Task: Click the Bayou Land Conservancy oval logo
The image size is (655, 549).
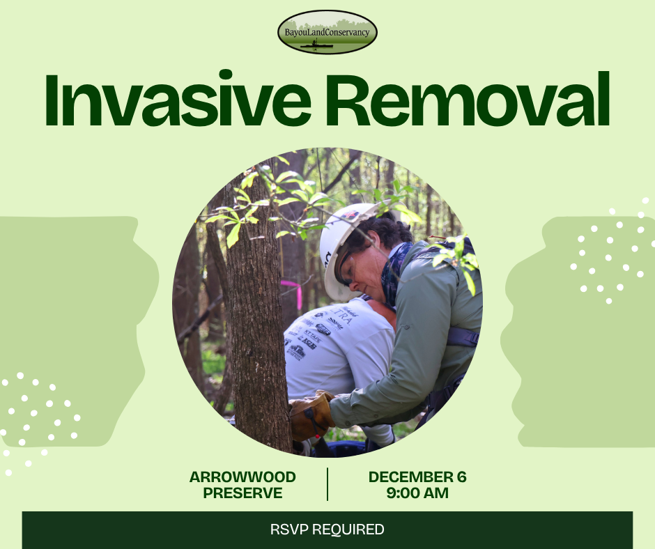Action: pyautogui.click(x=327, y=32)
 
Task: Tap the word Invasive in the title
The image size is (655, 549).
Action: pyautogui.click(x=178, y=100)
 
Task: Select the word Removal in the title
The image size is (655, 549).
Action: pyautogui.click(x=467, y=100)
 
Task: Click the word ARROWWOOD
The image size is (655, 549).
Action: pyautogui.click(x=242, y=477)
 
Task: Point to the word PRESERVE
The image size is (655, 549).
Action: pyautogui.click(x=242, y=493)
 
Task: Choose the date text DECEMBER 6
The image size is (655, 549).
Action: pyautogui.click(x=417, y=477)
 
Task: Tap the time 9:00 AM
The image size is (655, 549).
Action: pyautogui.click(x=417, y=493)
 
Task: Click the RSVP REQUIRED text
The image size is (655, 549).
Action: pyautogui.click(x=327, y=529)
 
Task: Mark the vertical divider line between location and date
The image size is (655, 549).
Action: pyautogui.click(x=327, y=484)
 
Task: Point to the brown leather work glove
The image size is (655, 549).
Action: pyautogui.click(x=311, y=416)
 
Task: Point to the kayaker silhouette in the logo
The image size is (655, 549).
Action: pyautogui.click(x=316, y=43)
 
